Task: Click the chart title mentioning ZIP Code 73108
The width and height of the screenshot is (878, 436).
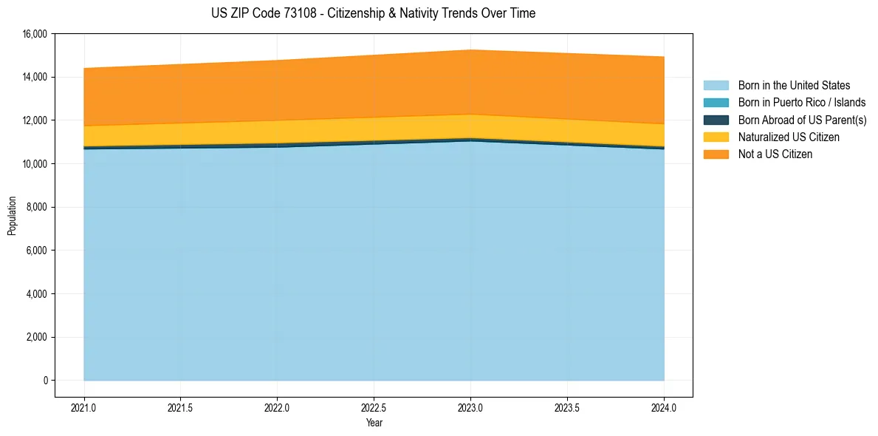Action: [373, 13]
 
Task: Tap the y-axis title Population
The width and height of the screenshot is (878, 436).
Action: [12, 216]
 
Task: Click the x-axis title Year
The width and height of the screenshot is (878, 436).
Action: [374, 423]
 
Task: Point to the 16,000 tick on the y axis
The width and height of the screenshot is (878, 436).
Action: [34, 34]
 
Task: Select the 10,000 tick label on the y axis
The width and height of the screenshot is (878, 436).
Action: [34, 164]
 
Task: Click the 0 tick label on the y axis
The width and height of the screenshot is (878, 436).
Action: [45, 381]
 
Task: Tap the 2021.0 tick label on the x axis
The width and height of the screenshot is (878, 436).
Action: [84, 407]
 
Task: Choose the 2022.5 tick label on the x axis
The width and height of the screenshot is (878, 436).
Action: [374, 407]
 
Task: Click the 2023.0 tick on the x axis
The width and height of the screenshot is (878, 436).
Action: [470, 407]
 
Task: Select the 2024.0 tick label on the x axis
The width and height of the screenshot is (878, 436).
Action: [664, 407]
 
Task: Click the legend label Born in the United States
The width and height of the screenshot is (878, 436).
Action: [794, 86]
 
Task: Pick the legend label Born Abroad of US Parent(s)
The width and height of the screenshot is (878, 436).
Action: [802, 120]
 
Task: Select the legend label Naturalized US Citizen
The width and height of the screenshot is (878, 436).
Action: [789, 137]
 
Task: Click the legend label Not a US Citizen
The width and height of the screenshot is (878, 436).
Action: [775, 154]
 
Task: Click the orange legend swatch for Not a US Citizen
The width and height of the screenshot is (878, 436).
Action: [716, 154]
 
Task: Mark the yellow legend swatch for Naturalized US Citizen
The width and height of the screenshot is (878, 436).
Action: [716, 137]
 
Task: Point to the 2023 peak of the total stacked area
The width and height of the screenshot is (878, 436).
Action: [470, 50]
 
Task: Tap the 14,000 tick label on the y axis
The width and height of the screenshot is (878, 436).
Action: [34, 77]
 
